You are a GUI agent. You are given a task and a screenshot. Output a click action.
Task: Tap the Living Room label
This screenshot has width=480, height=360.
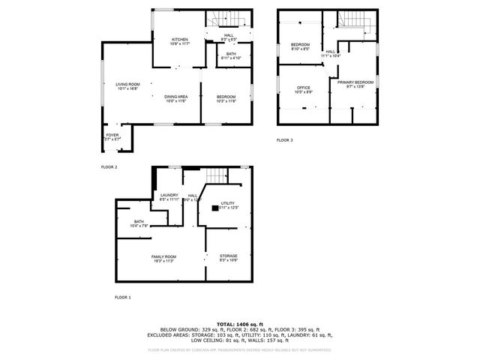(127, 85)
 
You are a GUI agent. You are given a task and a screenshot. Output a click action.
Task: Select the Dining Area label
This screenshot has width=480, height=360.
(176, 97)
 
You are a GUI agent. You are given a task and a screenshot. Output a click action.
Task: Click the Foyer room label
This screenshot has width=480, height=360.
(111, 136)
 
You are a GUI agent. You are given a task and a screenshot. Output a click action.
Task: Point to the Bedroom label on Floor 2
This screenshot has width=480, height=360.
(226, 97)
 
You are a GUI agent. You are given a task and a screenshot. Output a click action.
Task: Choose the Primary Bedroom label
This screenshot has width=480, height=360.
(355, 83)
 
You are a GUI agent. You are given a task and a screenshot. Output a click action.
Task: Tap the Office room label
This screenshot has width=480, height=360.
(302, 89)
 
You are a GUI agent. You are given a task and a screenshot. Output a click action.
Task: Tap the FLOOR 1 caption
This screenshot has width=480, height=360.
(122, 298)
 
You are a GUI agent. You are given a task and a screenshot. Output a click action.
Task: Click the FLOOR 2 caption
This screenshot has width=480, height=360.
(109, 166)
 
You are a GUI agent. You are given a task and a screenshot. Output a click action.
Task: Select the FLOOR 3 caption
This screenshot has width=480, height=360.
(285, 140)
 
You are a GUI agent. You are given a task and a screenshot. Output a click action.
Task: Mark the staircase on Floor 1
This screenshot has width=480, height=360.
(217, 175)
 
